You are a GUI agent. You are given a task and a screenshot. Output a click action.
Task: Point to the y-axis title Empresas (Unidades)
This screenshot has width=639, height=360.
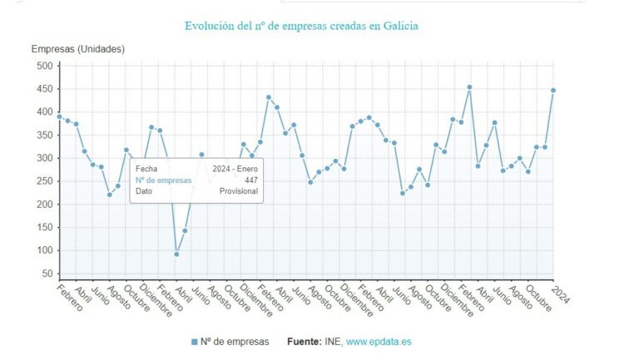click(x=78, y=49)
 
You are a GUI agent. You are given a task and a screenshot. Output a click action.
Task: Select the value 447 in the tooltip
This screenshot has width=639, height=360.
click(x=250, y=180)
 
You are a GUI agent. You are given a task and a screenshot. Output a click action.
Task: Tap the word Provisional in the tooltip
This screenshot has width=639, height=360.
click(x=238, y=191)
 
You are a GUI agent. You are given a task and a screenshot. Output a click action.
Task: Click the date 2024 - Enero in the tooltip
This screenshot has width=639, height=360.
click(x=235, y=169)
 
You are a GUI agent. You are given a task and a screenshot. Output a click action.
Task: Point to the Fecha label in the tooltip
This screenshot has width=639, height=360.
click(x=146, y=169)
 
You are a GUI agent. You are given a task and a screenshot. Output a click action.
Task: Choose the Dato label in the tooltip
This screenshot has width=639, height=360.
click(x=144, y=191)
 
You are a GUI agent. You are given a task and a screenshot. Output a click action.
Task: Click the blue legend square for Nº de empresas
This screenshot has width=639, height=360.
click(x=195, y=342)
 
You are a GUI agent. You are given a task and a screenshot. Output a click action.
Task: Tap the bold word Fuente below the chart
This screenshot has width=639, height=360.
click(x=305, y=342)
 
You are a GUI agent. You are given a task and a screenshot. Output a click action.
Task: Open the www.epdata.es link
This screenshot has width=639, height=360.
click(x=379, y=342)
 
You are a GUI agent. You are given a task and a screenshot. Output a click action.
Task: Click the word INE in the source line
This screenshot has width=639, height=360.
click(x=334, y=342)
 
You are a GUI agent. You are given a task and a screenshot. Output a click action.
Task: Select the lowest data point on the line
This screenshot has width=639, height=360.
click(x=176, y=254)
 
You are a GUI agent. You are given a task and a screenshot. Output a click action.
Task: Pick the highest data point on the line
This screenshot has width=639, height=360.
click(x=469, y=86)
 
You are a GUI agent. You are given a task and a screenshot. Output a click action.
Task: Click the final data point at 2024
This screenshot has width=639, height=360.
click(x=553, y=90)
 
